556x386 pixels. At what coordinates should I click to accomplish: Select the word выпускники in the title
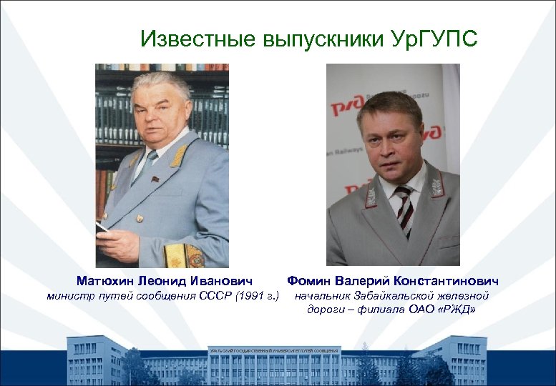click(x=318, y=39)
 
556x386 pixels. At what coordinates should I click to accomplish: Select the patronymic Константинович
click(x=444, y=281)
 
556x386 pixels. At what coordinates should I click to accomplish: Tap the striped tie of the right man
click(x=404, y=207)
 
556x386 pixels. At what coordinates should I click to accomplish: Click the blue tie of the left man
click(x=147, y=164)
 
